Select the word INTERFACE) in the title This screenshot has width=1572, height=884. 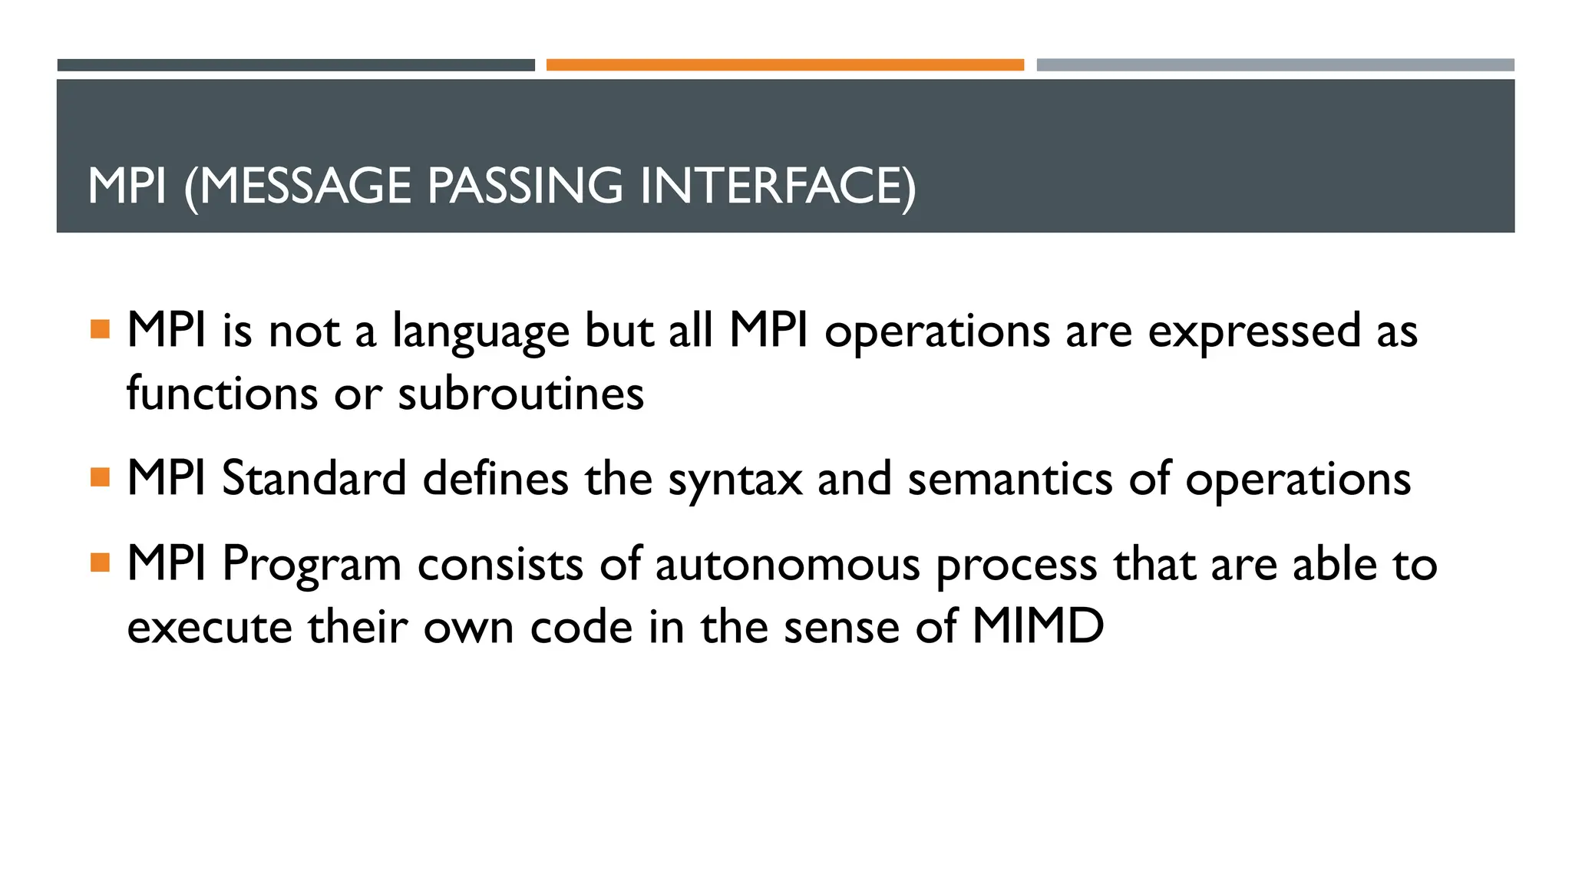tap(777, 186)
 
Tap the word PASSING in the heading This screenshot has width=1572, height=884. tap(525, 186)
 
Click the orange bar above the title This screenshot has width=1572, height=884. tap(784, 65)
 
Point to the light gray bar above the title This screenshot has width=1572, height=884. tap(1275, 65)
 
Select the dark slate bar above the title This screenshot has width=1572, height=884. tap(296, 65)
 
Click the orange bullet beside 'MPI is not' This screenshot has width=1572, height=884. tap(100, 329)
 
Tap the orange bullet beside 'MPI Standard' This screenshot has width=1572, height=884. tap(100, 477)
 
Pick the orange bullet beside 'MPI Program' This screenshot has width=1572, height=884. tap(100, 563)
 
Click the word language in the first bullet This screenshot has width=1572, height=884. tap(481, 332)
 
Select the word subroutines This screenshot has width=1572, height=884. tap(520, 394)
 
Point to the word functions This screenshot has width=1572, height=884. tap(222, 394)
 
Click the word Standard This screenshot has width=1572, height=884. tap(314, 478)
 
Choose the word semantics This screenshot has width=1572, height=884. tap(1009, 478)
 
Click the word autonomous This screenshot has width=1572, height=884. tap(787, 565)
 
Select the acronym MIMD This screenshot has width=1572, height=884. tap(1038, 626)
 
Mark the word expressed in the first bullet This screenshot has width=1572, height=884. tap(1254, 332)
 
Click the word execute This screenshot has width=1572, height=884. tap(210, 627)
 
